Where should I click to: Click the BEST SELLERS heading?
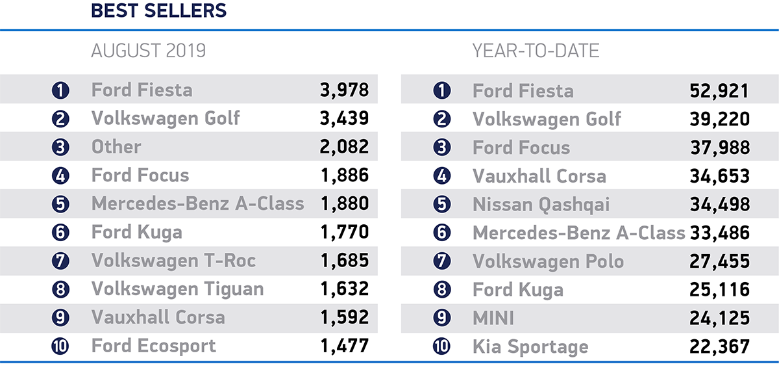pyautogui.click(x=158, y=11)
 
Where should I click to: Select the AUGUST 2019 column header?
pyautogui.click(x=148, y=51)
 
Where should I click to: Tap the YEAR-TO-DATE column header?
pyautogui.click(x=536, y=51)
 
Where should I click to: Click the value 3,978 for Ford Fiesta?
pyautogui.click(x=344, y=90)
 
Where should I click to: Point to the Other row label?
pyautogui.click(x=116, y=147)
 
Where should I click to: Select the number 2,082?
pyautogui.click(x=344, y=147)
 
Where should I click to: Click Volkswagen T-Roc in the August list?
pyautogui.click(x=173, y=261)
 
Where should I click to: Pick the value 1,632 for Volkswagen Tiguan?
pyautogui.click(x=344, y=289)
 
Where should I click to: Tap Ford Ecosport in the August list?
pyautogui.click(x=153, y=346)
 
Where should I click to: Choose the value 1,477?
pyautogui.click(x=344, y=346)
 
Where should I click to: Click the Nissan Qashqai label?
pyautogui.click(x=541, y=204)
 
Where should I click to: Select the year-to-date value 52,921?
pyautogui.click(x=719, y=90)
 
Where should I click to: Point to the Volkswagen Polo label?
pyautogui.click(x=548, y=261)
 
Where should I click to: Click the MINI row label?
pyautogui.click(x=493, y=318)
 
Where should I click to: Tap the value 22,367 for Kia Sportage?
pyautogui.click(x=719, y=346)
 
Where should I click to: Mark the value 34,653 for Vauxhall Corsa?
pyautogui.click(x=719, y=175)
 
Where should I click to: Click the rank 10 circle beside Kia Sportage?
pyautogui.click(x=441, y=346)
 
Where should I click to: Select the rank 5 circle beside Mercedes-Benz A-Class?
pyautogui.click(x=60, y=204)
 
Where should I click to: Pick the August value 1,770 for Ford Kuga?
pyautogui.click(x=344, y=232)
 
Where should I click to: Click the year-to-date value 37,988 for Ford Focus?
pyautogui.click(x=719, y=148)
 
